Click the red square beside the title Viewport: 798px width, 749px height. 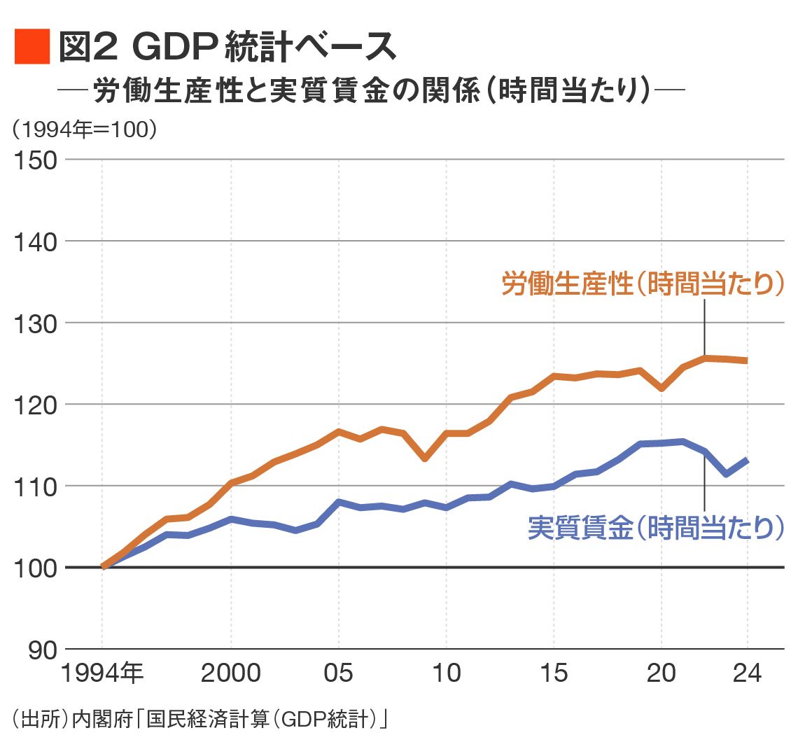pyautogui.click(x=32, y=47)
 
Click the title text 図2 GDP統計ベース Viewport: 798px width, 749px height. pyautogui.click(x=227, y=48)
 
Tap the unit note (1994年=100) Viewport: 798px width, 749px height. pyautogui.click(x=83, y=129)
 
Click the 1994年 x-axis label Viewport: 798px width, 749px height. pyautogui.click(x=102, y=673)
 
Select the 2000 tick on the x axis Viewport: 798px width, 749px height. pyautogui.click(x=231, y=673)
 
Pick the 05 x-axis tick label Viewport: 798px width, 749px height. pyautogui.click(x=339, y=673)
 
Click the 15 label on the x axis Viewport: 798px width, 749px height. pyautogui.click(x=554, y=673)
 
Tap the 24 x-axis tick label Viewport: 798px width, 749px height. pyautogui.click(x=748, y=673)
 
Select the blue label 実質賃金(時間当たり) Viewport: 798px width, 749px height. pyautogui.click(x=655, y=528)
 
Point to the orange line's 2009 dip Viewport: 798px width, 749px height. pyautogui.click(x=425, y=458)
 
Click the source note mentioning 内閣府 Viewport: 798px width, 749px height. pyautogui.click(x=199, y=720)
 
